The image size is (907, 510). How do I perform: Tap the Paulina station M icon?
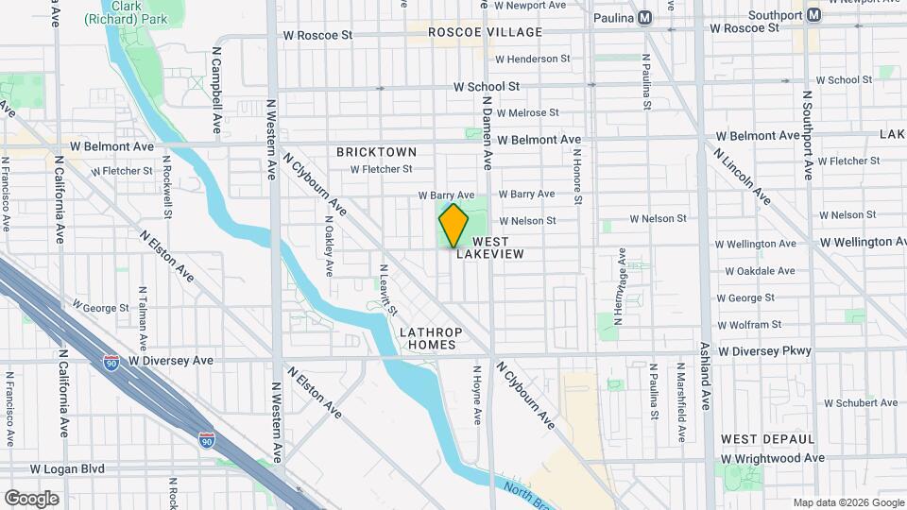645,18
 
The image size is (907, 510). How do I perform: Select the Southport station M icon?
813,15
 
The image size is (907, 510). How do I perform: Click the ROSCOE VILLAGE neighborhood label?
485,32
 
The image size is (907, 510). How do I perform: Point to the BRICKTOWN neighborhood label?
376,151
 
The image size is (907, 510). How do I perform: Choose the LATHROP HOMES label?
428,338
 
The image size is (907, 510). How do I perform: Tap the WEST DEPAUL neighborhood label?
767,439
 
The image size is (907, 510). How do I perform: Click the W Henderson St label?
533,59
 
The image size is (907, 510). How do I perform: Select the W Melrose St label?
534,112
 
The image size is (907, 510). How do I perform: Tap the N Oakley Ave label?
329,250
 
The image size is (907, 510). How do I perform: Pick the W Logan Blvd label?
78,468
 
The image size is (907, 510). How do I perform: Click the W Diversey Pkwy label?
764,351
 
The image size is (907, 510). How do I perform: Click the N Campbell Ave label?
216,98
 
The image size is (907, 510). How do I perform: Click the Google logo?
31,498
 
